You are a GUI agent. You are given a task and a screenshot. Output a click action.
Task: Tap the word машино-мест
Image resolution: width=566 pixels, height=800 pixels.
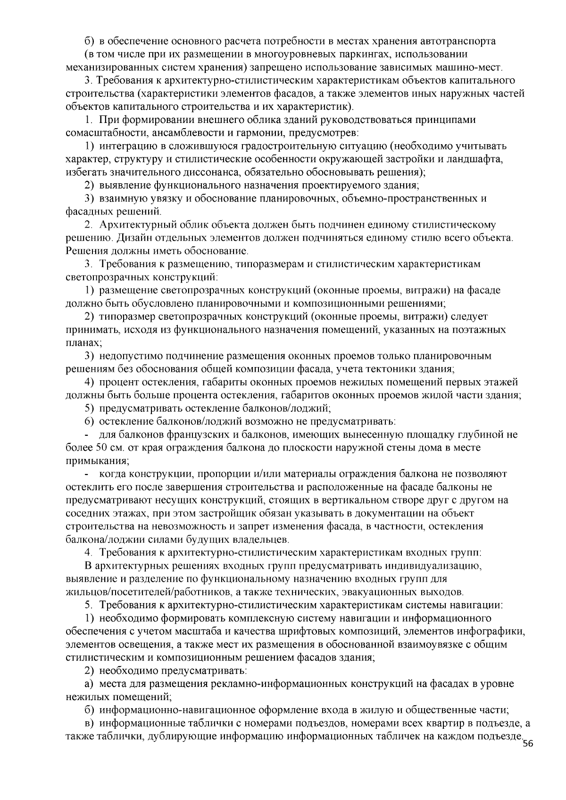[478, 67]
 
